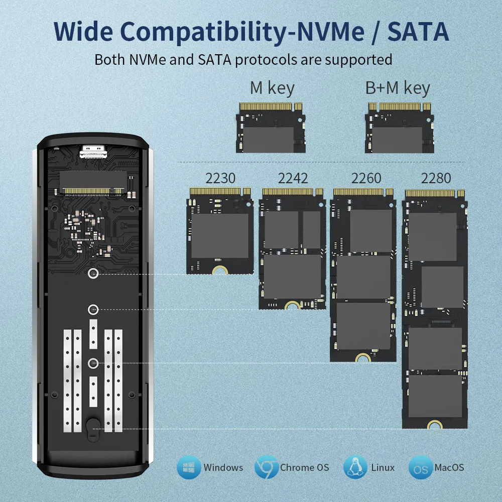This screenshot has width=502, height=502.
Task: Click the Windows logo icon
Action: coord(189,467)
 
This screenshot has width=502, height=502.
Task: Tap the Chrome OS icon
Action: coord(267,467)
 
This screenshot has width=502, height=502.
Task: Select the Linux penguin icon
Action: coord(355,467)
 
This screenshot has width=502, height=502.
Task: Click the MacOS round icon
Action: coord(421,467)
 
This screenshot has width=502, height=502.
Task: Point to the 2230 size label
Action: coord(220,178)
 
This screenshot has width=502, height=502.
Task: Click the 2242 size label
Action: coord(293,178)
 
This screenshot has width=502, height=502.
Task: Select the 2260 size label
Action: coord(366,178)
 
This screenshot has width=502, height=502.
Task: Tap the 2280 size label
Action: coord(436,178)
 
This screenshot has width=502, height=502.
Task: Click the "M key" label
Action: coord(272,88)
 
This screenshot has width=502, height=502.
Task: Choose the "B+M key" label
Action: coord(398,88)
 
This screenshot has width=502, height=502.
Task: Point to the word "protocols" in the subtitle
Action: coord(266,60)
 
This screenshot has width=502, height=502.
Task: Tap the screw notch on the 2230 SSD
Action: coord(220,270)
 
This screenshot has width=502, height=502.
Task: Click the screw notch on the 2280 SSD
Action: coord(435,425)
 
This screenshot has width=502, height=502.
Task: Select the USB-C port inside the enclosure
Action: coord(92,151)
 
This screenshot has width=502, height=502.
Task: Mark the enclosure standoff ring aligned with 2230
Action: coord(93,274)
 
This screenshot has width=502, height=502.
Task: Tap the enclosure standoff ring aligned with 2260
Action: coord(93,363)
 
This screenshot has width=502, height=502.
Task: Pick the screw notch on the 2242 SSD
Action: coord(293,305)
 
